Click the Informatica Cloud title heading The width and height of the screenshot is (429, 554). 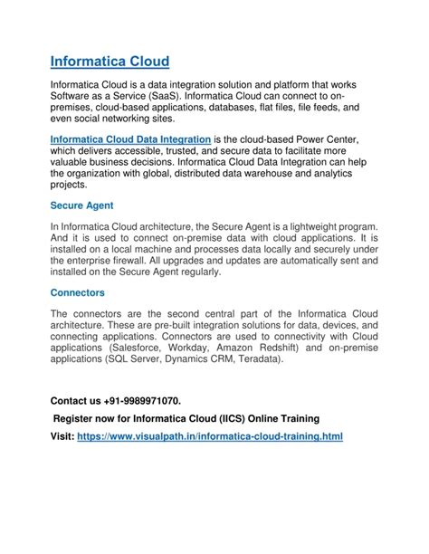coord(110,62)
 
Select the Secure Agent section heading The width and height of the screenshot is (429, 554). coord(81,205)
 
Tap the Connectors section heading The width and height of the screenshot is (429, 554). coord(78,292)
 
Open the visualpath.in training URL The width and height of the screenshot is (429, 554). coord(210,435)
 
